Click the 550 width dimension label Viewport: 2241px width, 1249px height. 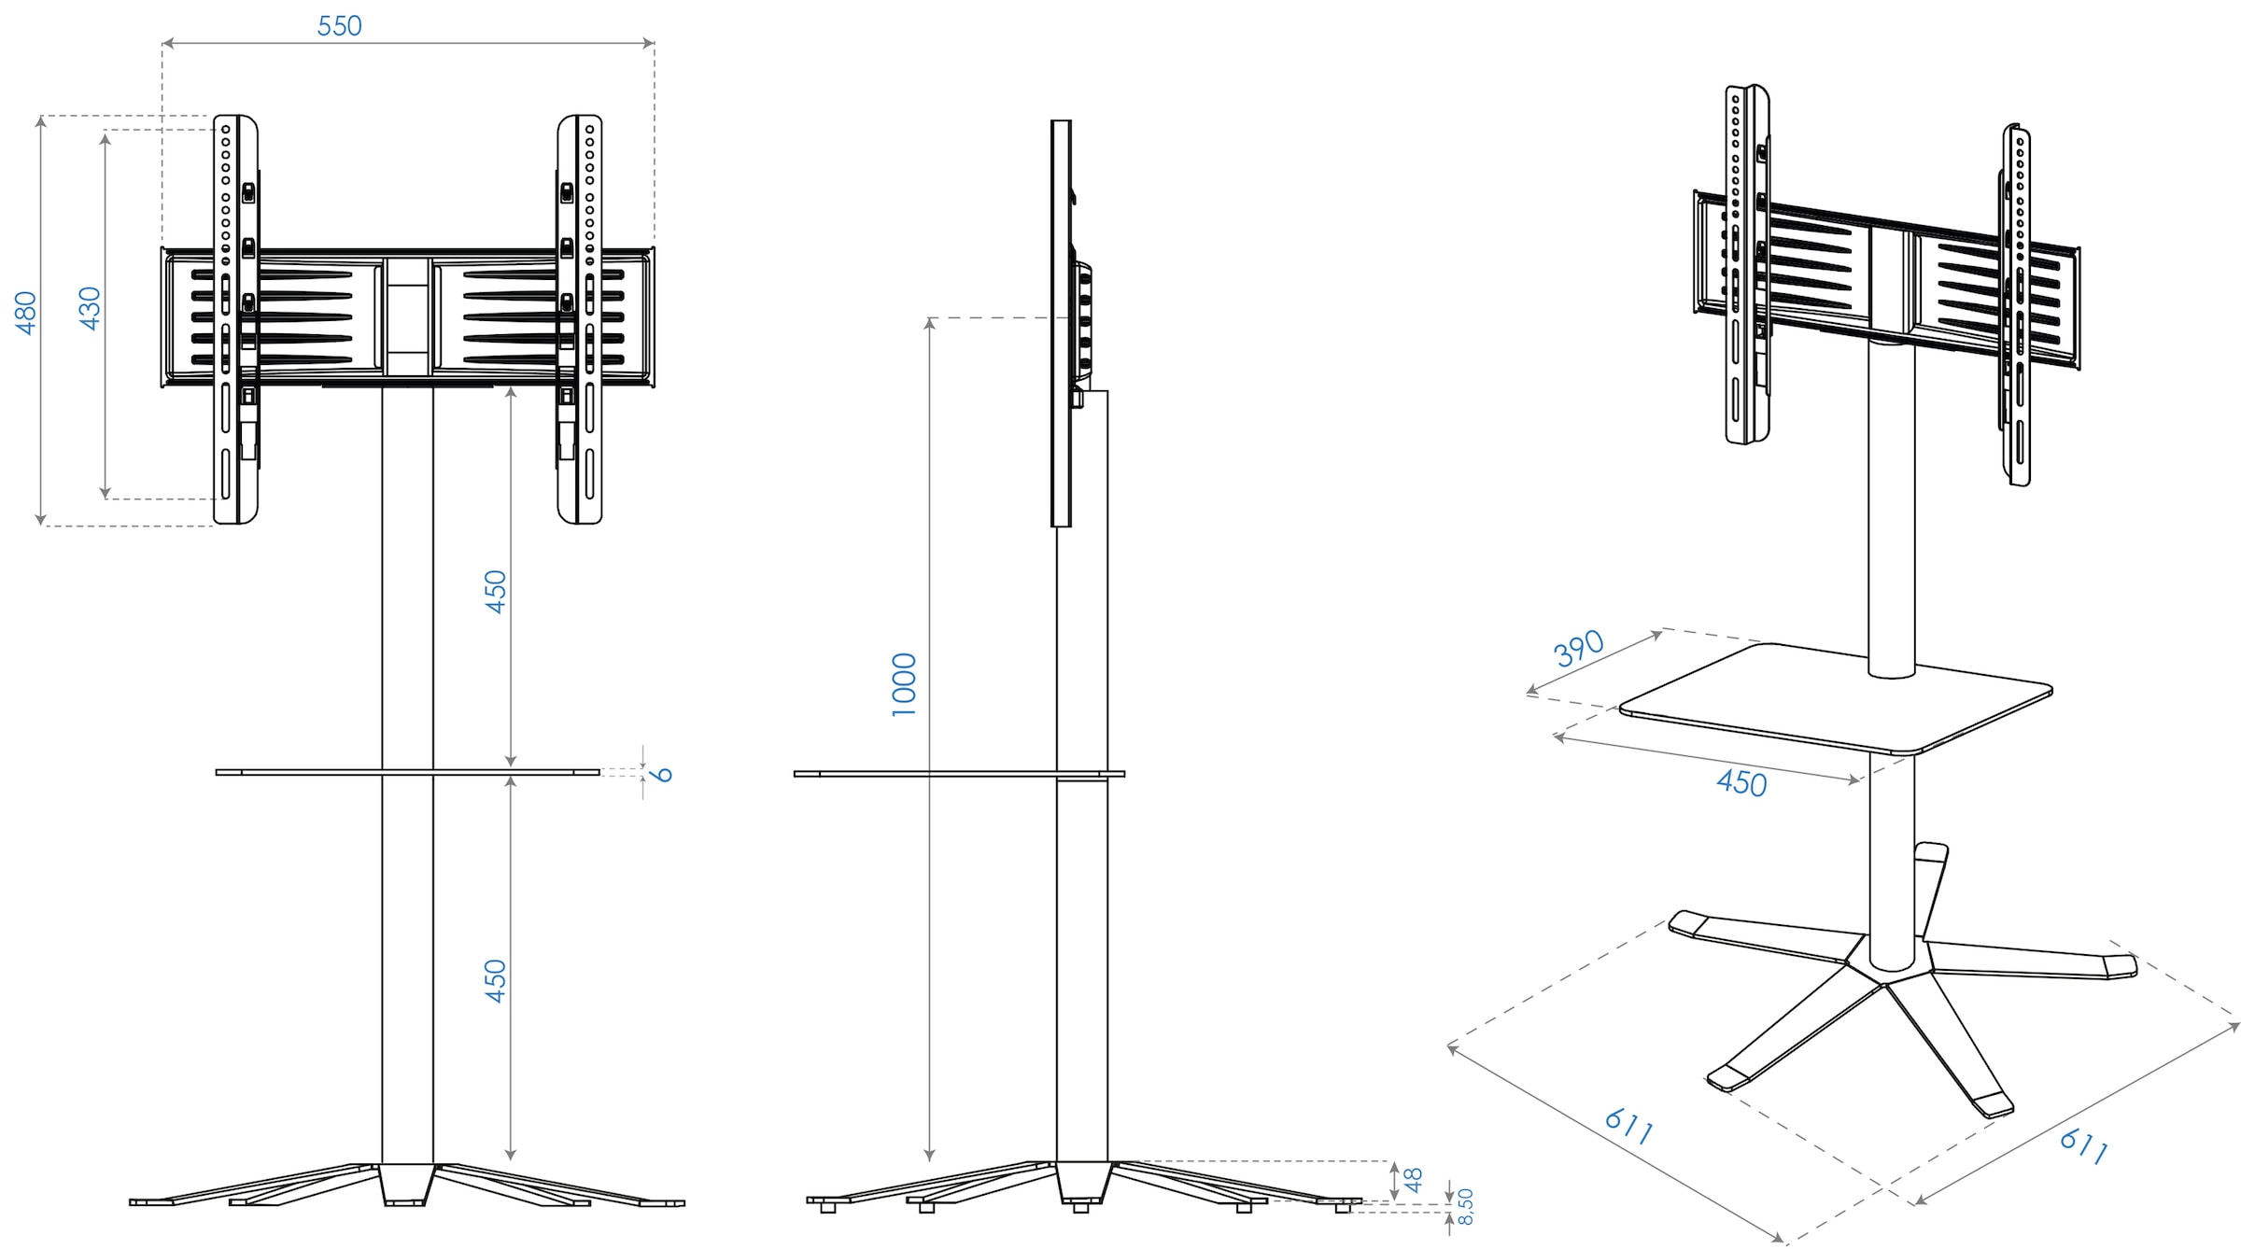(x=339, y=26)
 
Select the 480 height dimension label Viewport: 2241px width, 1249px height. (x=26, y=313)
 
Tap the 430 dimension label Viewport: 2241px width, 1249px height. (x=90, y=308)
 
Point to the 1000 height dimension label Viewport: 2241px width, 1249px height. (x=904, y=684)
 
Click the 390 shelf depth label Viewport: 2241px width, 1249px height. (x=1578, y=648)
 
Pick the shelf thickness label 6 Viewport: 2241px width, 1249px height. (x=662, y=774)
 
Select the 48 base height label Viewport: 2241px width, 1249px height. (x=1414, y=1180)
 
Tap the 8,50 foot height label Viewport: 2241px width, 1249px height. (x=1465, y=1206)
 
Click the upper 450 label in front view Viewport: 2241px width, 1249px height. (x=496, y=591)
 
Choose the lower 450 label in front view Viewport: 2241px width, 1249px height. (x=496, y=981)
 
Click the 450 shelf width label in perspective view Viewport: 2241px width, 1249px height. (x=1741, y=782)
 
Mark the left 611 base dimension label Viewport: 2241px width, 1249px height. (x=1628, y=1126)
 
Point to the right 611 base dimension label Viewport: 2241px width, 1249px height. (x=2083, y=1145)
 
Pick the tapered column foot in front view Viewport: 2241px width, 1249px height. (x=407, y=1184)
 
